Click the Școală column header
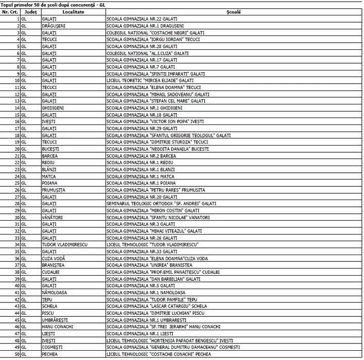click(233, 11)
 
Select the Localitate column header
click(73, 11)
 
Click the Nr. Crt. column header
click(10, 11)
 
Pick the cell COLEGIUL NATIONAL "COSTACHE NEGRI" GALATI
click(155, 32)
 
